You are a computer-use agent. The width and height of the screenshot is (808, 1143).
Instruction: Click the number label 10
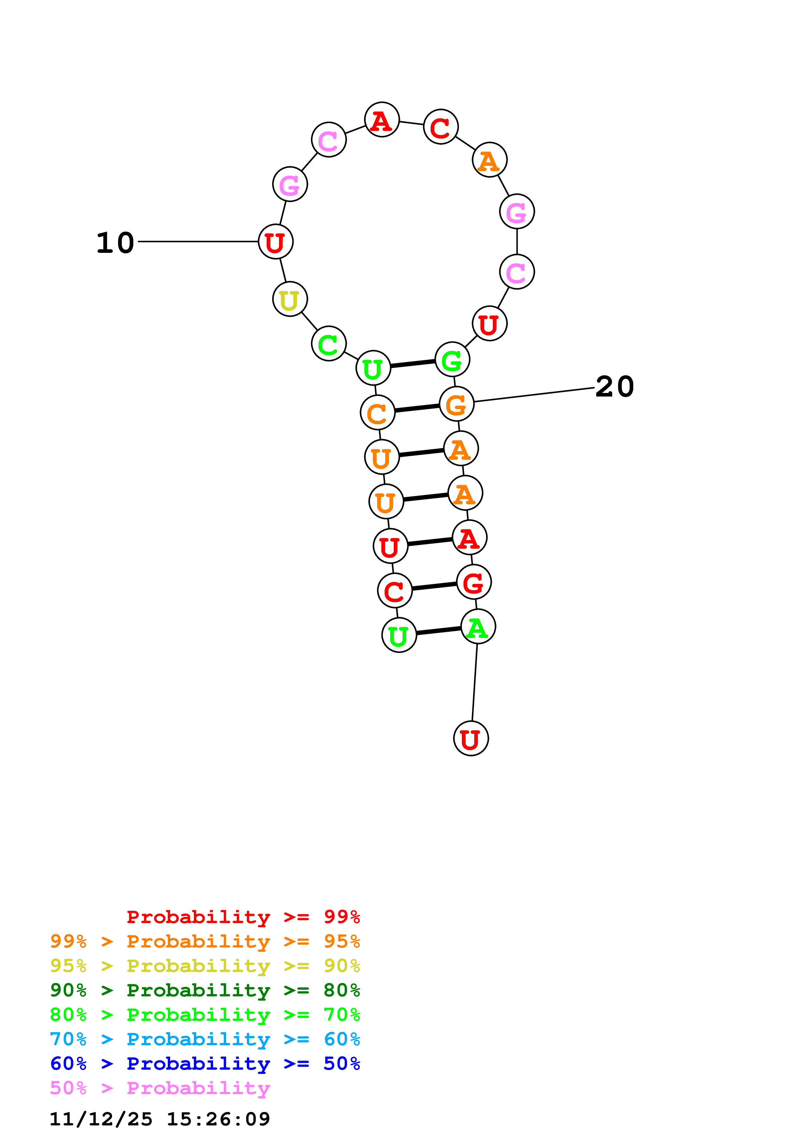tap(115, 243)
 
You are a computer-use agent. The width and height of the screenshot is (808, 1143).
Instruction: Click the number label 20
tap(614, 387)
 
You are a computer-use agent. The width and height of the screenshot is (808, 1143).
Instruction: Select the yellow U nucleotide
tap(290, 299)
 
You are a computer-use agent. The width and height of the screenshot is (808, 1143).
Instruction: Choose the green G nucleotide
tap(452, 359)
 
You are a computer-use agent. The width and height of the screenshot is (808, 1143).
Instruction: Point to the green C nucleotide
tap(329, 343)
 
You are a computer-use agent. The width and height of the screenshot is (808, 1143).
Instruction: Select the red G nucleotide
tap(474, 582)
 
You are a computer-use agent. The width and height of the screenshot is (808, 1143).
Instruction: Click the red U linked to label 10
tap(275, 242)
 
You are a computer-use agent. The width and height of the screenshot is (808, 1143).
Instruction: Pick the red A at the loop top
tap(382, 120)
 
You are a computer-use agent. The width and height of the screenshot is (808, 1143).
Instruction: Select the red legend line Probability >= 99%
tap(243, 917)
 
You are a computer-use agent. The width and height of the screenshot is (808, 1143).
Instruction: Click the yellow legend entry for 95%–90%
tap(205, 965)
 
